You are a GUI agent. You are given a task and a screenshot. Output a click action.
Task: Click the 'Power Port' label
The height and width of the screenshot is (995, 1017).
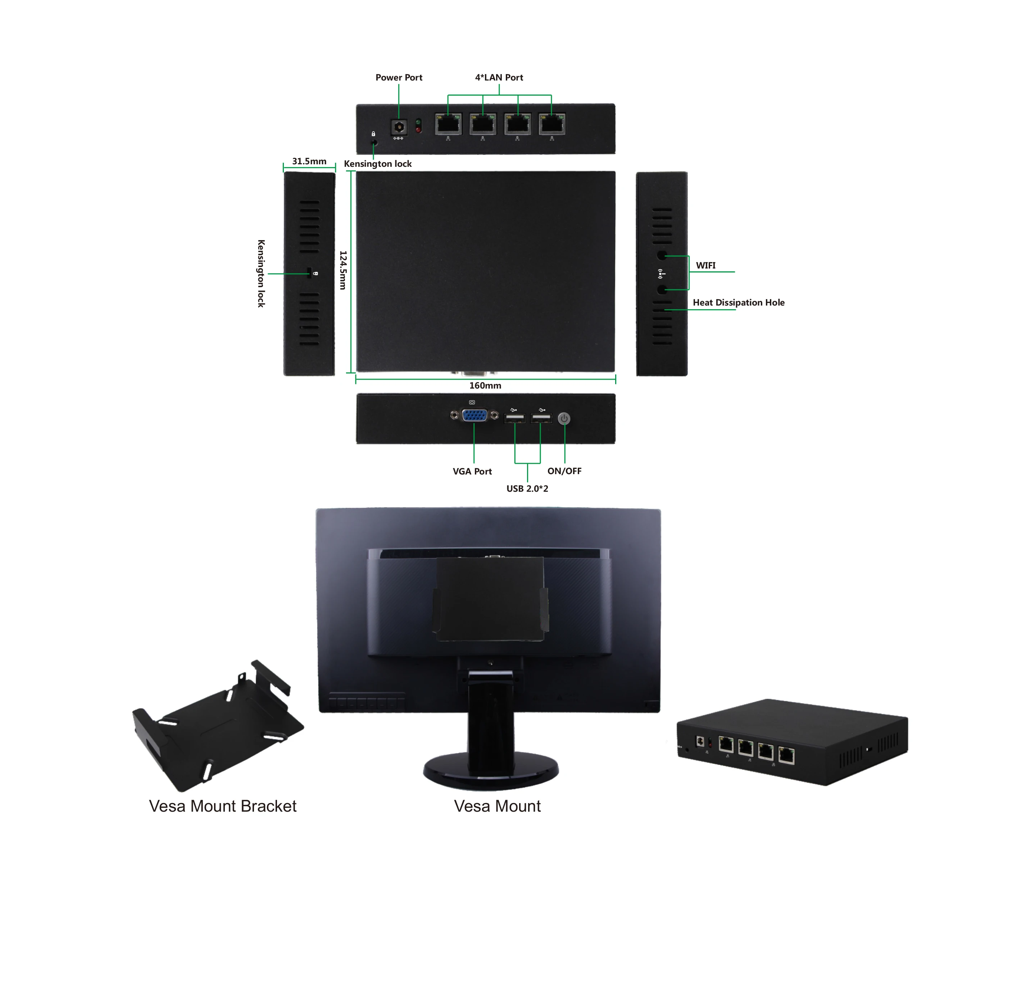click(399, 77)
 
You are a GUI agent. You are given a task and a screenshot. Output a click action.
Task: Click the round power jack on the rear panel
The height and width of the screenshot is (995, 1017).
click(399, 127)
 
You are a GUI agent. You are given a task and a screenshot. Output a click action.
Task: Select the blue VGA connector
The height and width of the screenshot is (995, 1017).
click(474, 416)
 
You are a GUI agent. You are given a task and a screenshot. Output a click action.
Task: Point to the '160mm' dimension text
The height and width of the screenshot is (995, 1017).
click(485, 386)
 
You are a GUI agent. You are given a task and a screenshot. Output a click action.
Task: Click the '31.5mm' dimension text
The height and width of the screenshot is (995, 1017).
click(309, 161)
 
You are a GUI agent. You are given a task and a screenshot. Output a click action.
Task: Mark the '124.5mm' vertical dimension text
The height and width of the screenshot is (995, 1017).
click(343, 270)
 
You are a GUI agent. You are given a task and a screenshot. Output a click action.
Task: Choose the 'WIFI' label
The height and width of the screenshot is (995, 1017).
click(705, 266)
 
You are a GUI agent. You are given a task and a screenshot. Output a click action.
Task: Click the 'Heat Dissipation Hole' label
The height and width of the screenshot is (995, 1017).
click(738, 303)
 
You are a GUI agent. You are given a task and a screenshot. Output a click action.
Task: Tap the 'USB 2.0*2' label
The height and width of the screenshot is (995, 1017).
click(527, 489)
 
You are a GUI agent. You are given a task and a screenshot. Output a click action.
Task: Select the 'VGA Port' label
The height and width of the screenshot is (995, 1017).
click(472, 471)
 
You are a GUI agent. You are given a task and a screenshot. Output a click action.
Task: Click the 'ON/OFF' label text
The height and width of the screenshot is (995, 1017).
click(564, 471)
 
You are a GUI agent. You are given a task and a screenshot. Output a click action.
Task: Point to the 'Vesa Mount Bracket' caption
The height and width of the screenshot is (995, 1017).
click(222, 806)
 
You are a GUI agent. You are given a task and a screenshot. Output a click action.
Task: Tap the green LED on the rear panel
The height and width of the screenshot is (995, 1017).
click(418, 122)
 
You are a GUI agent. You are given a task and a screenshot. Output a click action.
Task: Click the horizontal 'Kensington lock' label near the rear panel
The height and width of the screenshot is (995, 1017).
click(377, 164)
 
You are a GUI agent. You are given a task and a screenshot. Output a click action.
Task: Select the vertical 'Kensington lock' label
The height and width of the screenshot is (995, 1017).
click(261, 273)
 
